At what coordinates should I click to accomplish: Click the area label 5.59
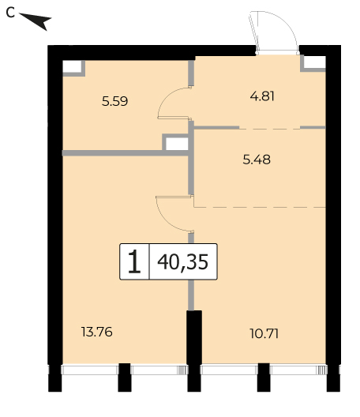[x=114, y=101]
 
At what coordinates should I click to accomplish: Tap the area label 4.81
[x=262, y=96]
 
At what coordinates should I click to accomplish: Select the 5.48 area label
[x=257, y=160]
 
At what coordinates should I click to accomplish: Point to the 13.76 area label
[x=97, y=332]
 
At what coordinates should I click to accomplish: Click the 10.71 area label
[x=264, y=333]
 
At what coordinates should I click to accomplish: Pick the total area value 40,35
[x=183, y=261]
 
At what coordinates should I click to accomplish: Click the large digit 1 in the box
[x=134, y=261]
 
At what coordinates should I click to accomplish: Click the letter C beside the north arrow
[x=10, y=13]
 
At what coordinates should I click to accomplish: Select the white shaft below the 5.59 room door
[x=177, y=144]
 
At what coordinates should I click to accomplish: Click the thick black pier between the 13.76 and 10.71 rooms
[x=194, y=351]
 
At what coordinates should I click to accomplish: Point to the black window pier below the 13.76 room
[x=125, y=378]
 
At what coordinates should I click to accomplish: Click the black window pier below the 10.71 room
[x=264, y=378]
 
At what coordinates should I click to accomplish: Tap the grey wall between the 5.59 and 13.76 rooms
[x=126, y=153]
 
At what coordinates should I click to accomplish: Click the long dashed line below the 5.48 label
[x=260, y=207]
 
